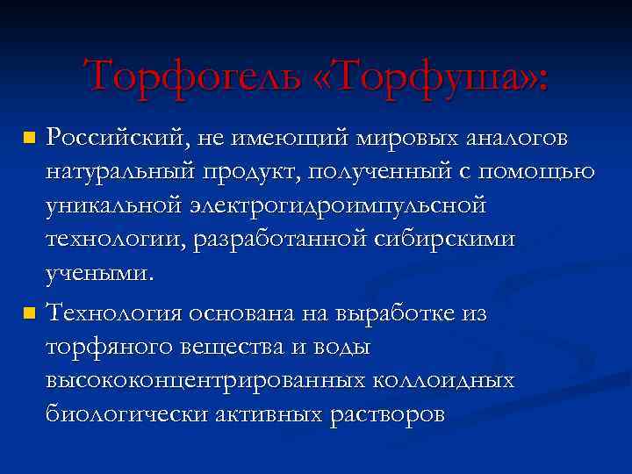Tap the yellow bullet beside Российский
click(x=30, y=139)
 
